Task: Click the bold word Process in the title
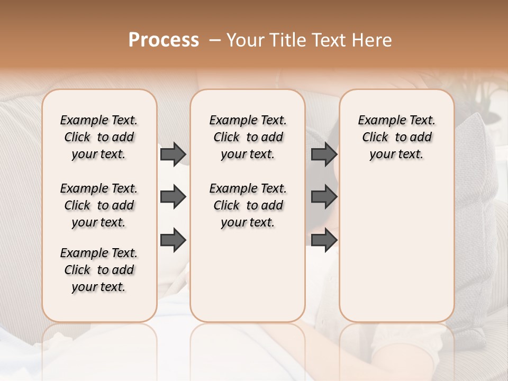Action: [x=164, y=40]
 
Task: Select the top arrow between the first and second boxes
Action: [x=173, y=154]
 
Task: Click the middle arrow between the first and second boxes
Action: [x=173, y=197]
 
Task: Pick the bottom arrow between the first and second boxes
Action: [x=173, y=240]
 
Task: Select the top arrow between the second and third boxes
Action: [x=324, y=154]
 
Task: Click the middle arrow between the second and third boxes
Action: [x=324, y=197]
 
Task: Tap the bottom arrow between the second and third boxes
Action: [x=324, y=240]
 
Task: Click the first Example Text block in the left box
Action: [x=99, y=137]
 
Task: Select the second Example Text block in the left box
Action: [x=99, y=205]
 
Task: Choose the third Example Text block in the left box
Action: [x=99, y=270]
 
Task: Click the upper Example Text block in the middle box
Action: [x=248, y=137]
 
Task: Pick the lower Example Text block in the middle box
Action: [x=248, y=205]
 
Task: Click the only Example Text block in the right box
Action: [x=396, y=137]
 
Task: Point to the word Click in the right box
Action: [x=375, y=138]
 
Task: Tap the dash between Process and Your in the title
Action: [x=215, y=41]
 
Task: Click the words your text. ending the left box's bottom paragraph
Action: [x=98, y=287]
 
